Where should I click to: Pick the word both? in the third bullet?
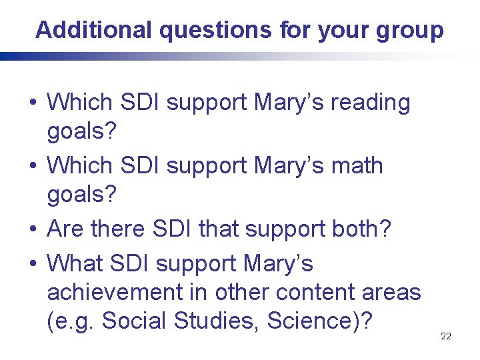[365, 229]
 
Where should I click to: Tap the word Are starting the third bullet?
[69, 229]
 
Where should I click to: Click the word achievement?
[124, 292]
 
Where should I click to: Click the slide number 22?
[446, 336]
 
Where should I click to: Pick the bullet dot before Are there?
[32, 229]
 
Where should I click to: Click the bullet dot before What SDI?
[32, 264]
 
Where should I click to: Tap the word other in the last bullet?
[241, 292]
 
